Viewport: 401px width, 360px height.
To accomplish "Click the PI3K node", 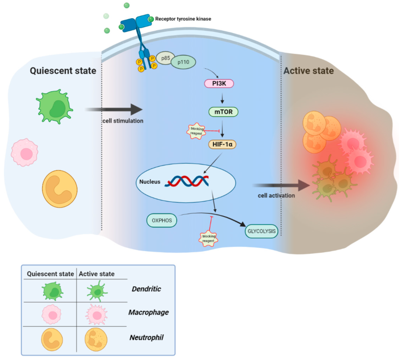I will tap(219, 83).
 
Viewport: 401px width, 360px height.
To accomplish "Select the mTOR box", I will tap(223, 112).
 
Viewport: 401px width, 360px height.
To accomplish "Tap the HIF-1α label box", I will tap(222, 144).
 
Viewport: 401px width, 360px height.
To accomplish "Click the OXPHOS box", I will tap(161, 220).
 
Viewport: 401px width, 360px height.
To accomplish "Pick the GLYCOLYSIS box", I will tap(261, 231).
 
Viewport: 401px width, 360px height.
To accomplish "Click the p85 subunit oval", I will tap(165, 58).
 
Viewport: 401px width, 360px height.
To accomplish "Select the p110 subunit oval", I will tap(183, 62).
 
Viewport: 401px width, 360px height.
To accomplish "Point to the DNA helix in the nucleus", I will tap(187, 181).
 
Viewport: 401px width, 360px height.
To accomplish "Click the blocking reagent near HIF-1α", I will tap(196, 131).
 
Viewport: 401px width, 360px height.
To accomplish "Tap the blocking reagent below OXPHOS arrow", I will tap(208, 239).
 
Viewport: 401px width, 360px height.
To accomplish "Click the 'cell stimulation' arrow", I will tap(114, 110).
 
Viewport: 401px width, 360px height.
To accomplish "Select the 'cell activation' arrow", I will tap(282, 186).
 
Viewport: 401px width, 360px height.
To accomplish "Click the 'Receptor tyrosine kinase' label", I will tap(183, 19).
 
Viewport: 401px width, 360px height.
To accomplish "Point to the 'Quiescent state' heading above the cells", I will tap(63, 71).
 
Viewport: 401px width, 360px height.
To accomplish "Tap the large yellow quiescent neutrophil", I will tap(60, 189).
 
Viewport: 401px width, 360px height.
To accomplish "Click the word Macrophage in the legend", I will tap(148, 312).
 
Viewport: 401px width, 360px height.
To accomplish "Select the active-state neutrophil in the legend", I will tap(96, 339).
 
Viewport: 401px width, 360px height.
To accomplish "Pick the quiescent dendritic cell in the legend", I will tap(53, 291).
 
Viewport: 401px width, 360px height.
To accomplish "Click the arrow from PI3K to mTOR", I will tap(222, 98).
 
